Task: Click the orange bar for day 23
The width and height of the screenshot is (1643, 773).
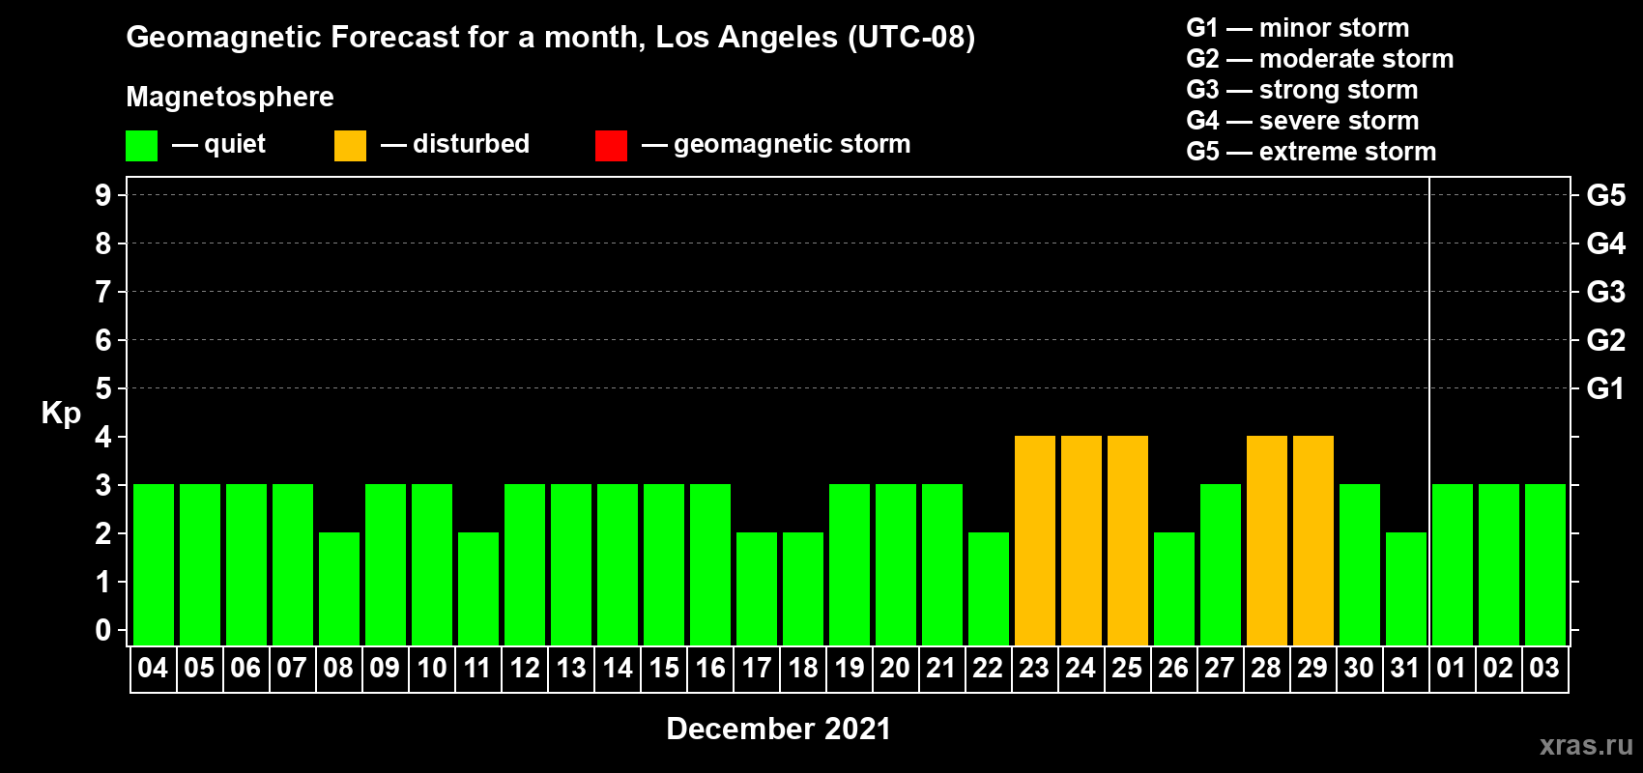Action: [x=1035, y=540]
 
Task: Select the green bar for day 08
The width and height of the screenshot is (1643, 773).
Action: [x=339, y=588]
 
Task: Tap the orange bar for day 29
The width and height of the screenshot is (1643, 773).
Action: [x=1312, y=540]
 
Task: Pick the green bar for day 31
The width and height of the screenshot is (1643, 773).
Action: [x=1406, y=588]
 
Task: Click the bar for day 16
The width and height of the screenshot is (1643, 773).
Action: [x=710, y=564]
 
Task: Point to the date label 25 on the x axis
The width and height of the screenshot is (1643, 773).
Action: [x=1127, y=668]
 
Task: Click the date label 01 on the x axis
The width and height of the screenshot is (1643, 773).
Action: [x=1451, y=668]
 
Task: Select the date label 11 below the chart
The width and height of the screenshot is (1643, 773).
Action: [x=476, y=668]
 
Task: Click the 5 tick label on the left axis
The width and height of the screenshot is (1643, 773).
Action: [x=102, y=388]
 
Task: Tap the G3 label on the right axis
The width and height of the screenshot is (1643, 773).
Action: [x=1605, y=292]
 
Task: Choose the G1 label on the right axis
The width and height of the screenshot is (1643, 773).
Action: [x=1605, y=388]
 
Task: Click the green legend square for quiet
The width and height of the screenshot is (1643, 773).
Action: [x=141, y=145]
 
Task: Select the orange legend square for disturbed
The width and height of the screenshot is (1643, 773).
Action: [x=350, y=145]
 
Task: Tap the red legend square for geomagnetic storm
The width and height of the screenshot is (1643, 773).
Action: [x=611, y=145]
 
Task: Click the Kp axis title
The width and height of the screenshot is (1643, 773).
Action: [x=61, y=414]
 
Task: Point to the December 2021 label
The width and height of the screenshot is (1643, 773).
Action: [x=778, y=729]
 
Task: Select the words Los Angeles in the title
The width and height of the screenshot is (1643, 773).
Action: [x=746, y=38]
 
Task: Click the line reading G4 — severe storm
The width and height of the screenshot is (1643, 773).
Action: [x=1302, y=120]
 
